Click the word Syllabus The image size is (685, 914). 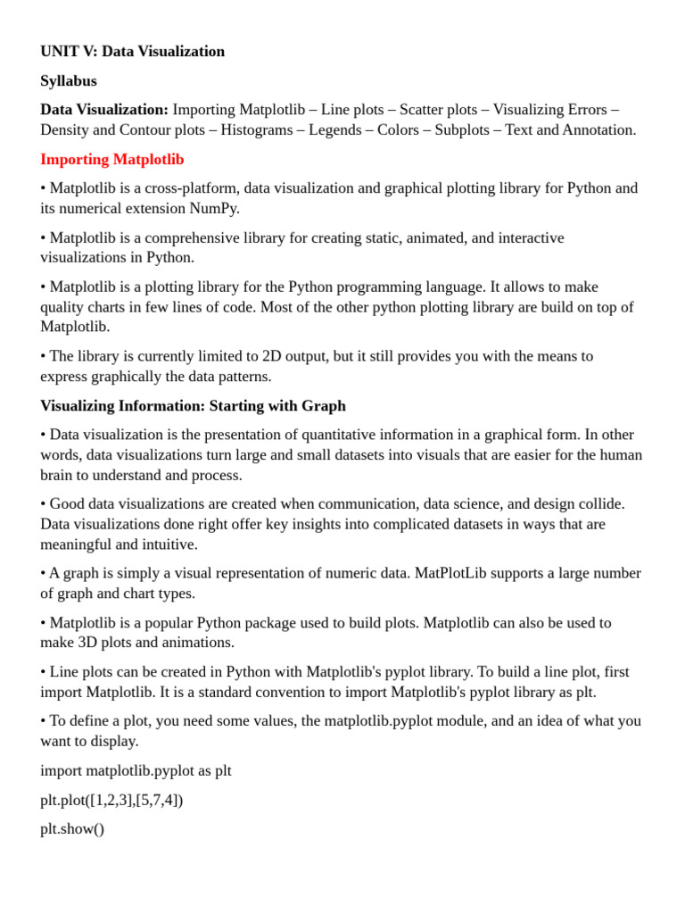pyautogui.click(x=69, y=80)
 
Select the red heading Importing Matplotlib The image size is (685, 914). pyautogui.click(x=112, y=159)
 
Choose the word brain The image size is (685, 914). pyautogui.click(x=58, y=475)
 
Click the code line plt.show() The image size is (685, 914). pyautogui.click(x=72, y=828)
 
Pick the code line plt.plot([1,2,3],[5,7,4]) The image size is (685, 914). pyautogui.click(x=111, y=800)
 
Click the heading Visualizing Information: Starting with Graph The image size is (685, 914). pyautogui.click(x=193, y=405)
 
